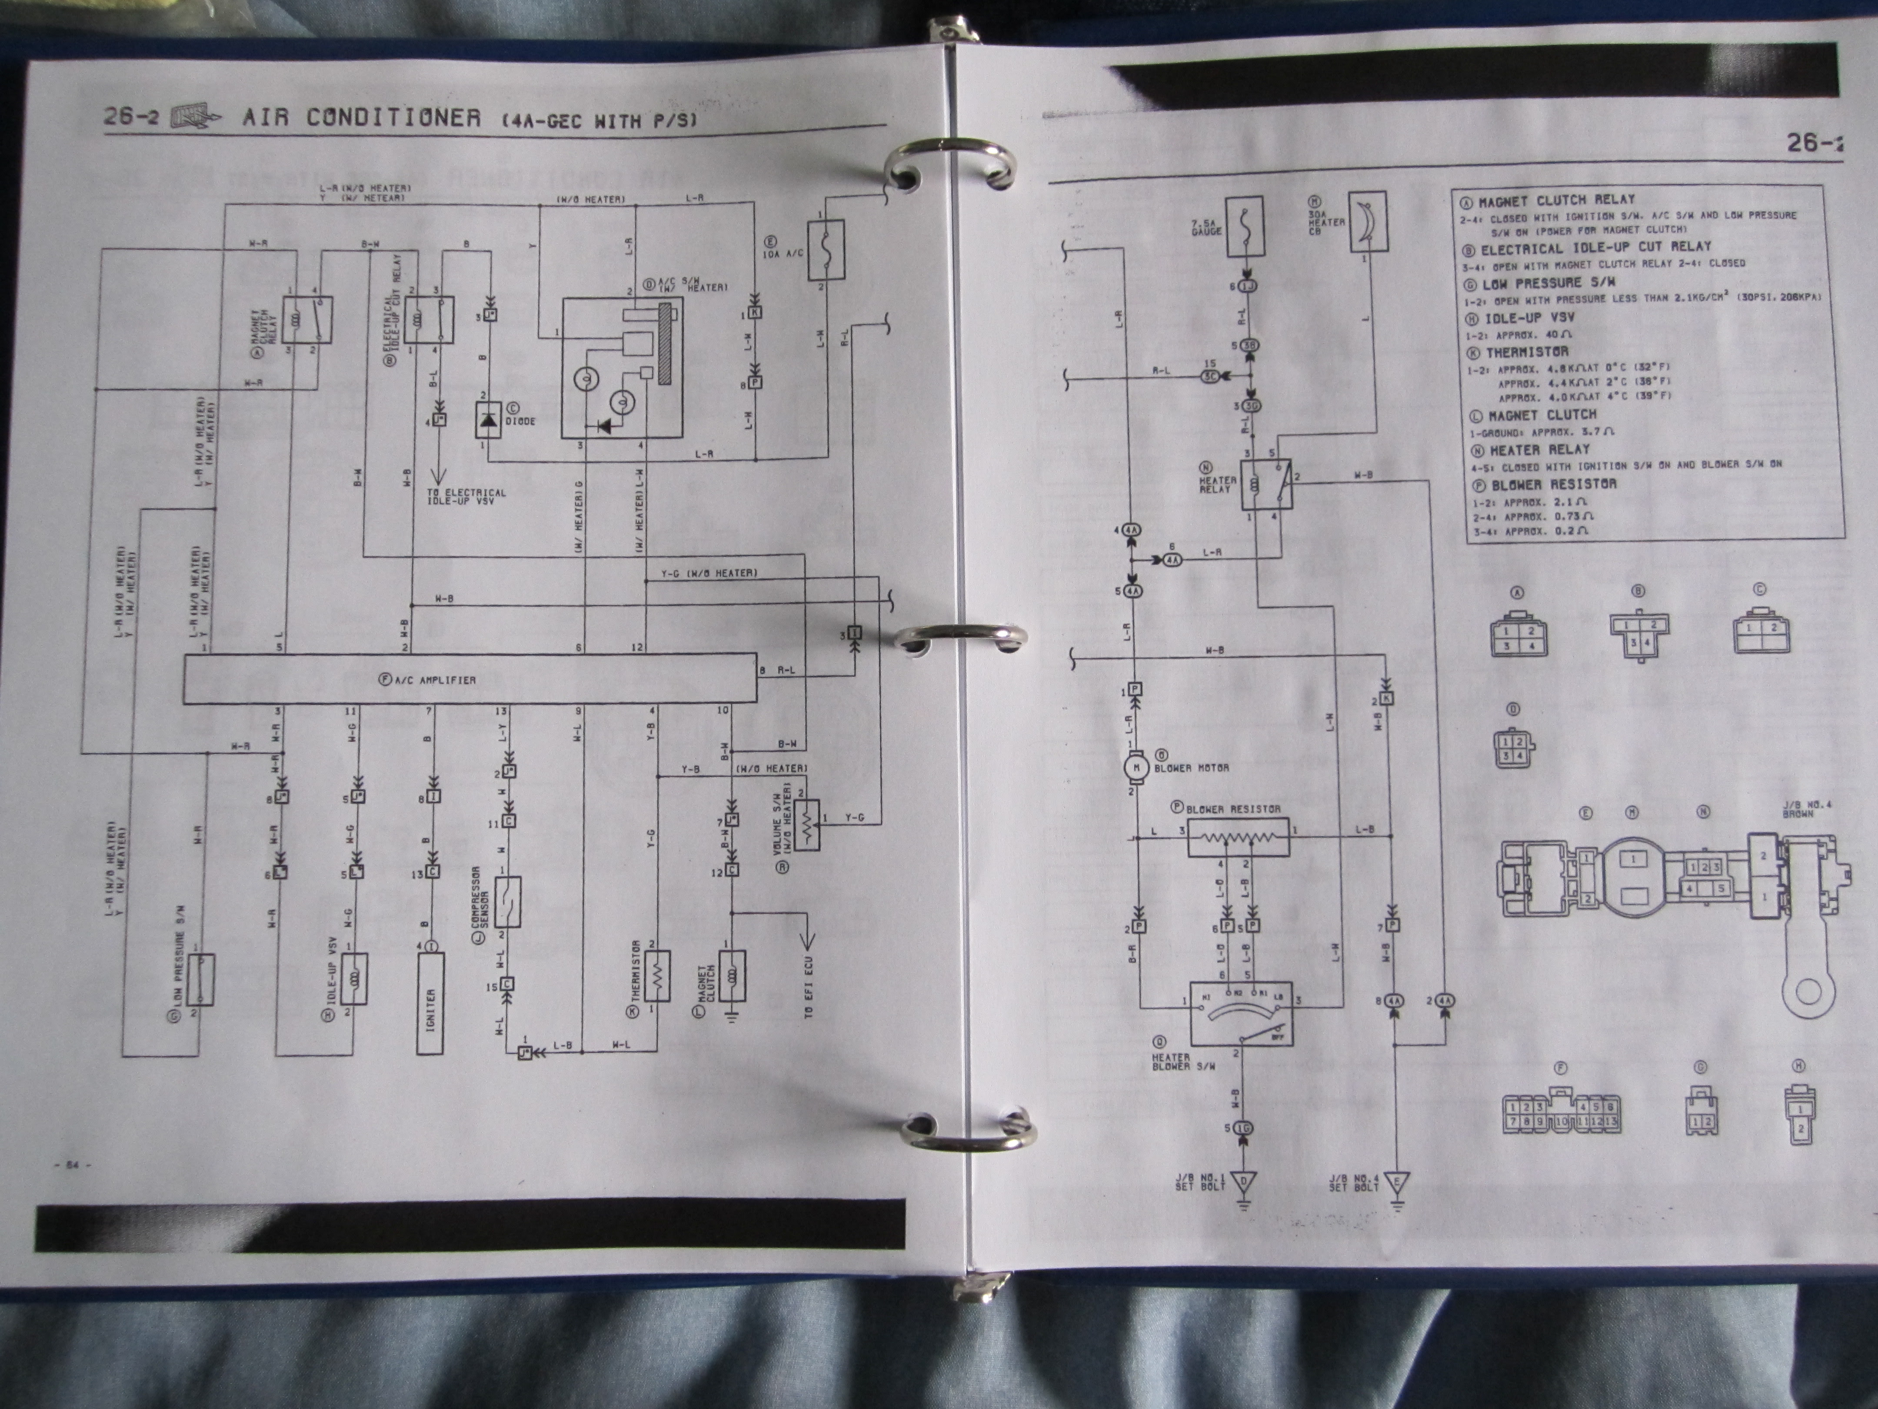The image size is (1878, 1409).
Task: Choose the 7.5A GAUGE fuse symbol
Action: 1243,227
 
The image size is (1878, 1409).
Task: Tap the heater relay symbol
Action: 1265,487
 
